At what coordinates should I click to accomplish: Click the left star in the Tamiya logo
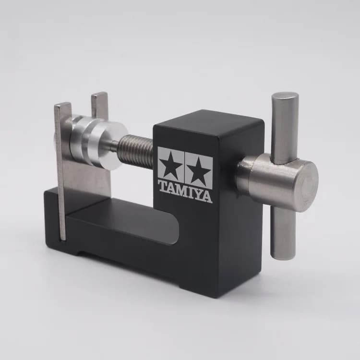(171, 165)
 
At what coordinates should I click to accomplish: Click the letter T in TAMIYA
(163, 186)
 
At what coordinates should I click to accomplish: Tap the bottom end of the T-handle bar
(281, 254)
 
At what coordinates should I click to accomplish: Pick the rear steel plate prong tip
(99, 94)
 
